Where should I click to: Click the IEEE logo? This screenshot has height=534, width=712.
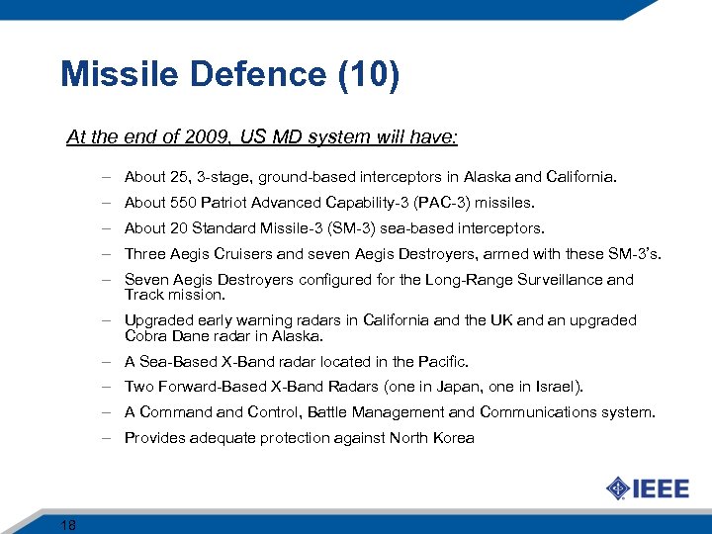point(647,489)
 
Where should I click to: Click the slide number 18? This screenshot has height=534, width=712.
point(68,524)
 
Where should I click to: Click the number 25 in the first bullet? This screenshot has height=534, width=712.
point(182,177)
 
